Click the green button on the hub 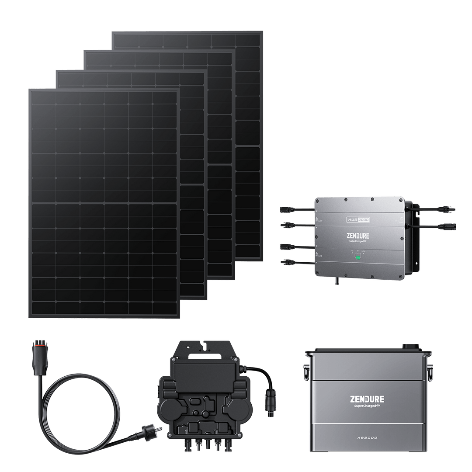click(x=357, y=257)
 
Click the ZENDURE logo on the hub click(x=357, y=236)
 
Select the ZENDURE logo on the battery click(x=367, y=399)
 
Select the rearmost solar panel click(x=249, y=87)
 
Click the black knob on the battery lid click(x=410, y=346)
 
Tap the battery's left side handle click(x=306, y=371)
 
